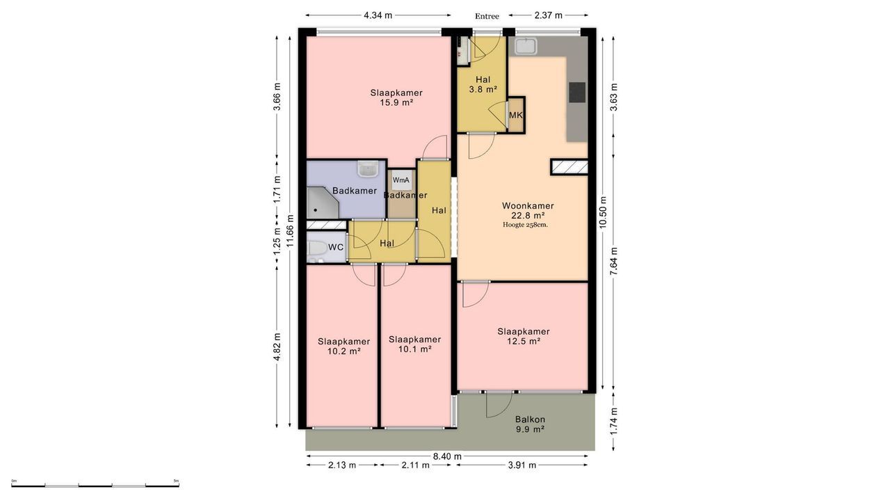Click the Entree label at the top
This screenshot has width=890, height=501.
(487, 16)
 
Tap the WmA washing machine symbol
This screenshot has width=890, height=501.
(401, 180)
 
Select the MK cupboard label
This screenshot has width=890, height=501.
(516, 116)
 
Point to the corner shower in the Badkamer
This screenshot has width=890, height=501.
(322, 202)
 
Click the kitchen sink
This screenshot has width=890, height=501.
(526, 46)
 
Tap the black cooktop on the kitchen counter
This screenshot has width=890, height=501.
(577, 93)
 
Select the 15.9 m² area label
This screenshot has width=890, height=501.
(396, 102)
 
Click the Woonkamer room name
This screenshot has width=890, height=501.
(528, 205)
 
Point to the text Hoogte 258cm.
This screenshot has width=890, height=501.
(525, 225)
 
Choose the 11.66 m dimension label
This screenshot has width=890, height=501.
(291, 230)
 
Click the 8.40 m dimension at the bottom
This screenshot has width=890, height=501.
(447, 456)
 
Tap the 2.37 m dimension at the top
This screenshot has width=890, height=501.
(549, 15)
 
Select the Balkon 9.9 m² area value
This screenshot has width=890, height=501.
(530, 429)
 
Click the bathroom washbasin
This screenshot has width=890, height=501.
(368, 168)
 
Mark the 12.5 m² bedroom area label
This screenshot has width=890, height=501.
(524, 341)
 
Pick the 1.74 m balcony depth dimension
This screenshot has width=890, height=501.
(614, 422)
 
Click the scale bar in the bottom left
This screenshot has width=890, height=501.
(95, 486)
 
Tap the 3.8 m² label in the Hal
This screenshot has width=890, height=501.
(483, 90)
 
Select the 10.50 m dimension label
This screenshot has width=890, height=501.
(603, 212)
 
